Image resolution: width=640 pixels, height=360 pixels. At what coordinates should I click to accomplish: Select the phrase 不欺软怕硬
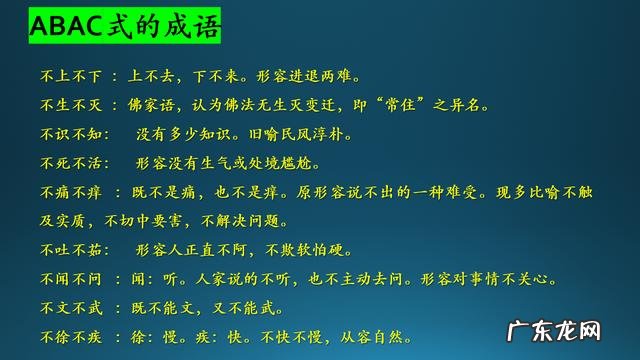point(322,250)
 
